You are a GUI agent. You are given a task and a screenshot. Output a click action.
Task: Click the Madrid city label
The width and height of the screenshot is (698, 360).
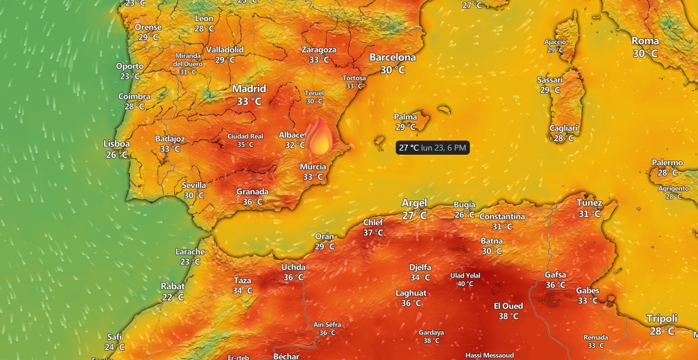[249, 89]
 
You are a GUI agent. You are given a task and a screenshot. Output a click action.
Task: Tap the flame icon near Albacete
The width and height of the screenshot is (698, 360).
[318, 136]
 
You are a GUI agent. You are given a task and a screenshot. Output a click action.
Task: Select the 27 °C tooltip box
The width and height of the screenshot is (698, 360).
[433, 148]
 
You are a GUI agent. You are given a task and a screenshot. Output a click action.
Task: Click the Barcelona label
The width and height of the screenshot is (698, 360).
[392, 58]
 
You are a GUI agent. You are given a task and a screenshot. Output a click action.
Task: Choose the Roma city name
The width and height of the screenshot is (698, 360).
[645, 41]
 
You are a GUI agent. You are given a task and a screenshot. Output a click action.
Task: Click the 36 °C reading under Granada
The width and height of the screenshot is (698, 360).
[252, 202]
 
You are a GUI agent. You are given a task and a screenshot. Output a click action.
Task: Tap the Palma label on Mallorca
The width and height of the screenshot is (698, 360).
[405, 117]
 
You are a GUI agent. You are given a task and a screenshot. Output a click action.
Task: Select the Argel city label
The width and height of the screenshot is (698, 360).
[414, 203]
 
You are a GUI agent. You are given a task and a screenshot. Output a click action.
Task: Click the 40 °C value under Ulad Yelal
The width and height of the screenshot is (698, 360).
[465, 284]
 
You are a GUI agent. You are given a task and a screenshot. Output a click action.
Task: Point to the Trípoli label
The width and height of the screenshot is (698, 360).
[662, 318]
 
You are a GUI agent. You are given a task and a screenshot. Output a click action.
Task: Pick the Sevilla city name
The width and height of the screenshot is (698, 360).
[193, 185]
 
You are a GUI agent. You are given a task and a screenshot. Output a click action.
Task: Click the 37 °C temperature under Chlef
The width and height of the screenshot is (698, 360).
[373, 232]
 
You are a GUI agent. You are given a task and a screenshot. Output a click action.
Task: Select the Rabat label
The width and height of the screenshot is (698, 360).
[172, 286]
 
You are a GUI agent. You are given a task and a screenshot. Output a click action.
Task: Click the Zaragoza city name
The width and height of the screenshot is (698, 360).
[319, 50]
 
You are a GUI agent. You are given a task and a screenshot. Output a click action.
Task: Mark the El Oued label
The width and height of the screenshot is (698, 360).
[508, 306]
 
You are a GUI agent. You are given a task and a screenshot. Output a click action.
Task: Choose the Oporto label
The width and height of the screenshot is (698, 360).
[129, 66]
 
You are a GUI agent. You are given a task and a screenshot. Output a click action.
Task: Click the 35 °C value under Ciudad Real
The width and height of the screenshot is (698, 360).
[245, 145]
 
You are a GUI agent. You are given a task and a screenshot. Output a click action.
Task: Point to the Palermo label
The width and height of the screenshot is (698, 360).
[667, 163]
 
